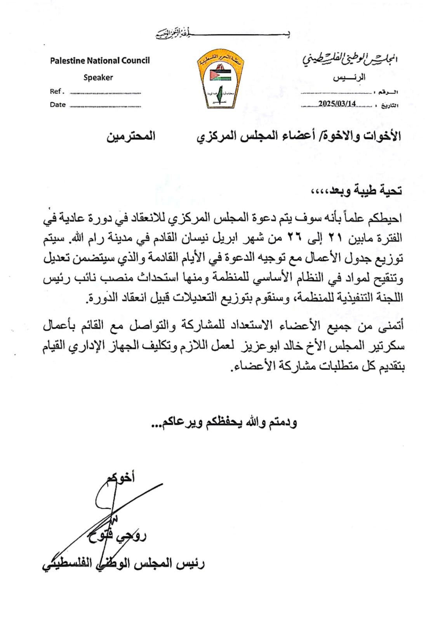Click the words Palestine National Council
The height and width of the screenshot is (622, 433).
(x=99, y=61)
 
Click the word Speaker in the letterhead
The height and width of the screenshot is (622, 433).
(x=98, y=77)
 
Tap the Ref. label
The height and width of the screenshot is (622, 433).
(x=56, y=92)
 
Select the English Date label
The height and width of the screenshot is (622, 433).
(x=57, y=105)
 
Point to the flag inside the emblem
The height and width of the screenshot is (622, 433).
(x=217, y=75)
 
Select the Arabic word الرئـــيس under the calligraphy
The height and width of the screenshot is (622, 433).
(x=349, y=77)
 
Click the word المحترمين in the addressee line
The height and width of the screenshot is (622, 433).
(x=131, y=136)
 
